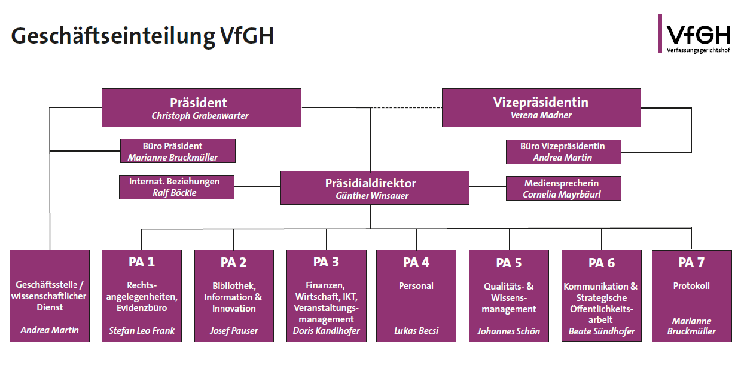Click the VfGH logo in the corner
coord(694,34)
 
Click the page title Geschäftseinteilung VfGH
coord(142,36)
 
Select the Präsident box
coord(201,107)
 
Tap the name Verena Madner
coord(541,116)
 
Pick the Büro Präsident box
coord(178,151)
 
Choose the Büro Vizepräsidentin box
coord(563,152)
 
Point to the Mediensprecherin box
coord(563,188)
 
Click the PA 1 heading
coord(141,262)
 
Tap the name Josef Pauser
coord(234,330)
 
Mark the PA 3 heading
coord(326,262)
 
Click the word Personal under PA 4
coord(416,286)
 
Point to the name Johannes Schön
coord(508,330)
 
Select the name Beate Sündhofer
coord(600,331)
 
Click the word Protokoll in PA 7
coord(691,286)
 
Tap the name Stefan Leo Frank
coord(141,330)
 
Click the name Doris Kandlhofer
coord(326,331)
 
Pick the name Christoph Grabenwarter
coord(200,116)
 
